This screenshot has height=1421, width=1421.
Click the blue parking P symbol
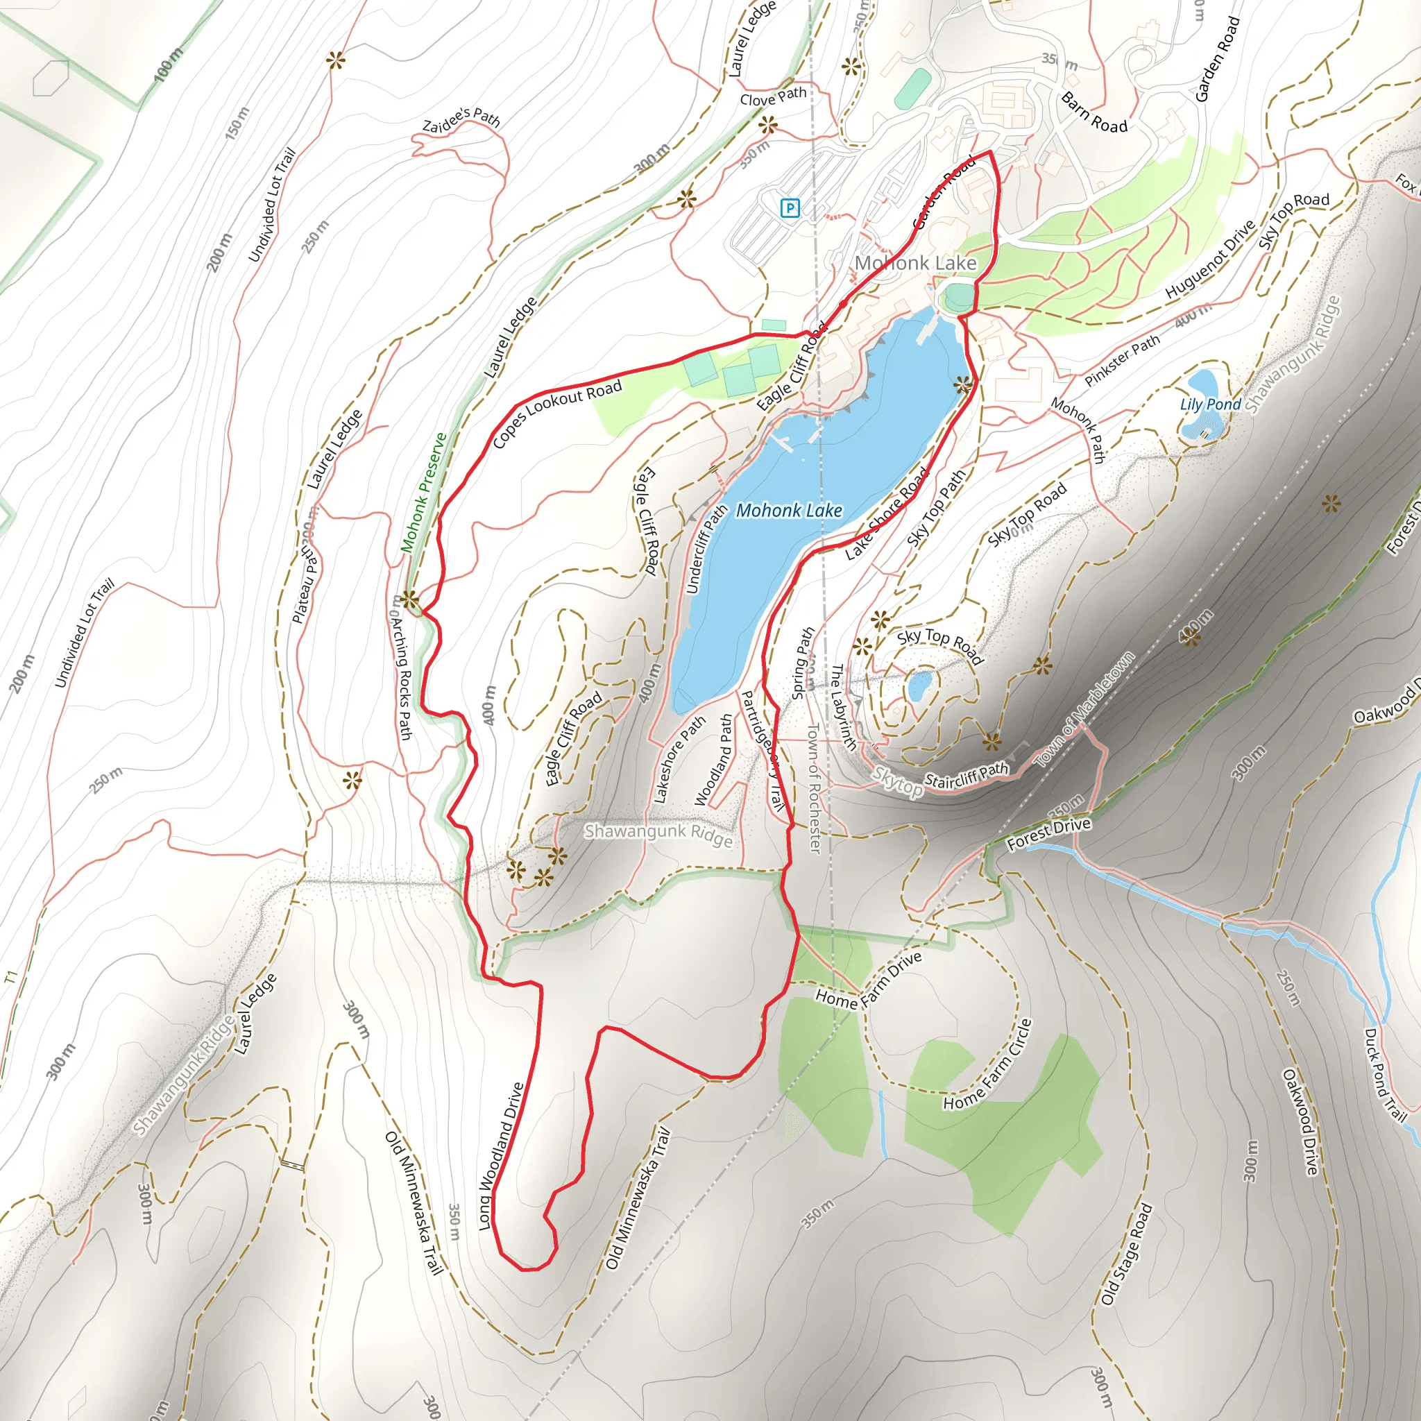(x=789, y=208)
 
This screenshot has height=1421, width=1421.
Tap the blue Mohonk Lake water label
(x=788, y=511)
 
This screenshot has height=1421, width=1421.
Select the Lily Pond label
(x=1210, y=405)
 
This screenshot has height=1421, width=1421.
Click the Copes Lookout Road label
(x=556, y=414)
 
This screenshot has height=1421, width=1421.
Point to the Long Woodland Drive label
(x=501, y=1155)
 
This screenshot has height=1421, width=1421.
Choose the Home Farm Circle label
(x=989, y=1065)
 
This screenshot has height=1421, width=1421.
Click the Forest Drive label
(x=1048, y=834)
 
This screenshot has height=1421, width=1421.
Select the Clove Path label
(x=773, y=96)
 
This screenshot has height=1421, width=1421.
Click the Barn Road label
(x=1094, y=112)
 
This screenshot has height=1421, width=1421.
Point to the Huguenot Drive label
(x=1210, y=259)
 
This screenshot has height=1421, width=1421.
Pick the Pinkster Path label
(x=1122, y=359)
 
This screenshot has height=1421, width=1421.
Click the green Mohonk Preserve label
(x=424, y=492)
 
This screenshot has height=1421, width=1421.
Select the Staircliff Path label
(x=966, y=776)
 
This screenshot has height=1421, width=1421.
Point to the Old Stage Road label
(x=1126, y=1254)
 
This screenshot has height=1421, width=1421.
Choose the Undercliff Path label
(x=706, y=549)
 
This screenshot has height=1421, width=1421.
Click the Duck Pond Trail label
(x=1385, y=1075)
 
